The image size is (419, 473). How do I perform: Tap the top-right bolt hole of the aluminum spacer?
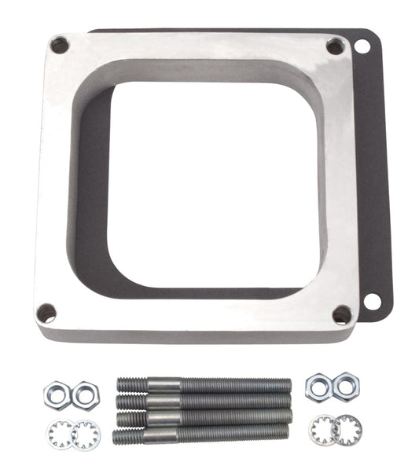point(334,47)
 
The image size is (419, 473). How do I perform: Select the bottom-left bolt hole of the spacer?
point(47,313)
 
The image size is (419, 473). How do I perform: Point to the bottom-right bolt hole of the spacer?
point(342,314)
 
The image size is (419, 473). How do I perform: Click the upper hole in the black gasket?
point(362,46)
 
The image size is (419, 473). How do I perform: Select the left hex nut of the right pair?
point(318,386)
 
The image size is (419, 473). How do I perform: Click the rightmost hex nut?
point(345,387)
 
